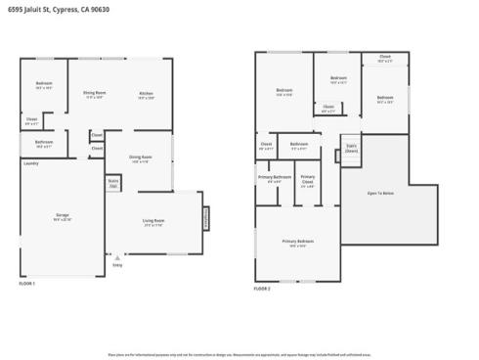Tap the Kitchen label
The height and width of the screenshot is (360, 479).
click(147, 94)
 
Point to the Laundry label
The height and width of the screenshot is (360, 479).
click(29, 163)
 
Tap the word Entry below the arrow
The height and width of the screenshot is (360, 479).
click(117, 264)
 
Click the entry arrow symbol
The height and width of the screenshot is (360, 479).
click(117, 255)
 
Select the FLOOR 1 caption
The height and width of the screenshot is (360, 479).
click(27, 283)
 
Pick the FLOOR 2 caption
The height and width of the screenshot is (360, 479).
click(262, 289)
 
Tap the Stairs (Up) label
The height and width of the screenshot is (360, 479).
click(113, 182)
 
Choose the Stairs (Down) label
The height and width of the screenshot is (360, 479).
click(351, 149)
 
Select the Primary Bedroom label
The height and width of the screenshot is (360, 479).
click(298, 241)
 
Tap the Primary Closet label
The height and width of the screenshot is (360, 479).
click(308, 181)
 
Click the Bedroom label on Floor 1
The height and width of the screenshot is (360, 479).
click(44, 85)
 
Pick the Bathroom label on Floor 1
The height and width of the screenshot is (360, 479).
click(44, 143)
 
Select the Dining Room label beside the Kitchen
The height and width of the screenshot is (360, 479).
click(95, 94)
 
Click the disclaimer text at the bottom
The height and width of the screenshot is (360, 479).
click(239, 353)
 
